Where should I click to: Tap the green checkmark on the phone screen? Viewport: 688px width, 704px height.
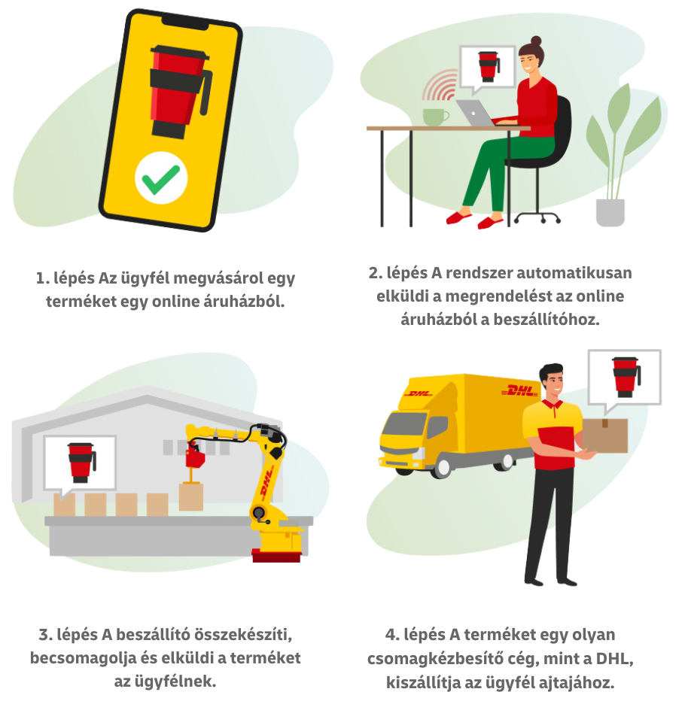(x=161, y=179)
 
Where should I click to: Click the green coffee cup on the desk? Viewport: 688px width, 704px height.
(x=434, y=117)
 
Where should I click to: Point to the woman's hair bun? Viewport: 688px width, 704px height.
(x=536, y=41)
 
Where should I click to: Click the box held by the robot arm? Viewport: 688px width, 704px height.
(x=191, y=496)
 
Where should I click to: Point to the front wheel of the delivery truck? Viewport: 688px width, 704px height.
(x=442, y=466)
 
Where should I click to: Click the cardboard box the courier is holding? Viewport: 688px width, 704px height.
(x=604, y=435)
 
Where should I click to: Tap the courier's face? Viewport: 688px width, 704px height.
(x=555, y=386)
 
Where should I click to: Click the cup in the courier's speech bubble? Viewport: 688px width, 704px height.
(x=624, y=376)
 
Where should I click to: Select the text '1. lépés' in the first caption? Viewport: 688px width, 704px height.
(x=64, y=278)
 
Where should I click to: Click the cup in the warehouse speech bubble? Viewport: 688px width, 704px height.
(x=81, y=461)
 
